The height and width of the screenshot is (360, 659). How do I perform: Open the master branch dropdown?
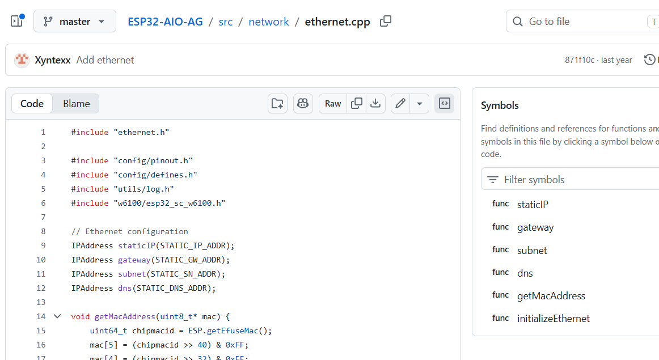75,22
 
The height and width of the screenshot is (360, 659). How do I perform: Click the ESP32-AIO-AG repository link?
165,22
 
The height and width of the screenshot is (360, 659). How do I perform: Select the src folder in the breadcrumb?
226,22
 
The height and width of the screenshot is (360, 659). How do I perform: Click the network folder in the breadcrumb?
269,22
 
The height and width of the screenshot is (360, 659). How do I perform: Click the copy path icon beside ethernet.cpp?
386,22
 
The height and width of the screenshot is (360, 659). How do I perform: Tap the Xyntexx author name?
53,60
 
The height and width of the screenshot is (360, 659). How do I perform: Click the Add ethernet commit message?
105,60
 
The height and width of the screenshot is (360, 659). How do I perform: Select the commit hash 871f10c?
580,60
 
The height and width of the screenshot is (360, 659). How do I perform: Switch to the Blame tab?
76,104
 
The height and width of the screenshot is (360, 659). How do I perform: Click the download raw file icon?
376,103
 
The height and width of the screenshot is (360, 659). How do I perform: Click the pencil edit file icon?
400,103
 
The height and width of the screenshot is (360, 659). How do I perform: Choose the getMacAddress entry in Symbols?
551,296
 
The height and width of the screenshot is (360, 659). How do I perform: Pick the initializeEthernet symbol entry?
553,319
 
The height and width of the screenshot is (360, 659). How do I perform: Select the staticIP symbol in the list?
533,205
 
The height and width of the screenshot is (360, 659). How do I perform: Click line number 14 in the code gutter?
41,317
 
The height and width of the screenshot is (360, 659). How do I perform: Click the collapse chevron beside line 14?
58,316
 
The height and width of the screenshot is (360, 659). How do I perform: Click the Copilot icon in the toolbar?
303,103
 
